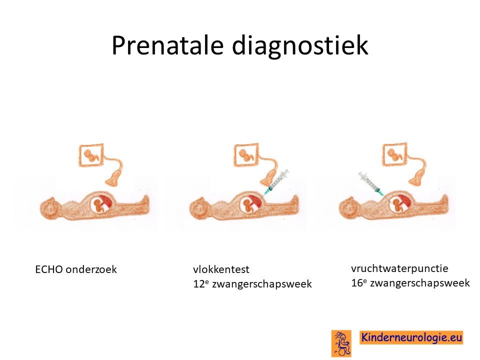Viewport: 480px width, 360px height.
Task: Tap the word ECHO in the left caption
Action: (x=49, y=269)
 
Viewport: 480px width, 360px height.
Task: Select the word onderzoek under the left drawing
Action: (x=91, y=269)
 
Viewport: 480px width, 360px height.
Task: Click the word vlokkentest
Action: (x=221, y=269)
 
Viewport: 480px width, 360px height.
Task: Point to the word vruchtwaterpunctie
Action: (x=399, y=268)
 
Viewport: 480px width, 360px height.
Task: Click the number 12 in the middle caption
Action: (x=199, y=284)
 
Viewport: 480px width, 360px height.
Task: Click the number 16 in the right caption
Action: (x=357, y=282)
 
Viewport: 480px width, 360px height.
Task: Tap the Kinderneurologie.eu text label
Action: (x=411, y=337)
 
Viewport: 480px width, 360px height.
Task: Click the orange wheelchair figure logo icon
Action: (x=341, y=343)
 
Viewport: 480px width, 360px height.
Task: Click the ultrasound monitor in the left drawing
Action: (x=91, y=155)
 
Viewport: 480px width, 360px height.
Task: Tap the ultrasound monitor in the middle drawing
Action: (x=246, y=155)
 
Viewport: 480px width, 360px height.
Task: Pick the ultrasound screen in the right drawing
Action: (x=395, y=154)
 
